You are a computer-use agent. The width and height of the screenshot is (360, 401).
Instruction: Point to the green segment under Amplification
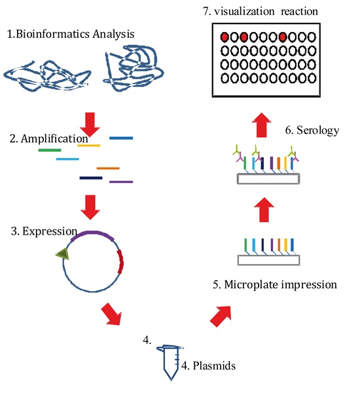click(50, 150)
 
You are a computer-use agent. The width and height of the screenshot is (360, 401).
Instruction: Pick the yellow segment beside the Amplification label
click(89, 145)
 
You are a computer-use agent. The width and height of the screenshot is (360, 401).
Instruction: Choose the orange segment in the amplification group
click(108, 168)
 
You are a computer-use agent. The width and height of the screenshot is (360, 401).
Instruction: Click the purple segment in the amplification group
click(121, 181)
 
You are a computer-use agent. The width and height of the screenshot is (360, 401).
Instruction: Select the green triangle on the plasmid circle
click(62, 254)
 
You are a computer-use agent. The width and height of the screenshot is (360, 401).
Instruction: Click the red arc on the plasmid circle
click(120, 260)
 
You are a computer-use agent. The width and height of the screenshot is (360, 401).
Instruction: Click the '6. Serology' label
click(312, 130)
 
